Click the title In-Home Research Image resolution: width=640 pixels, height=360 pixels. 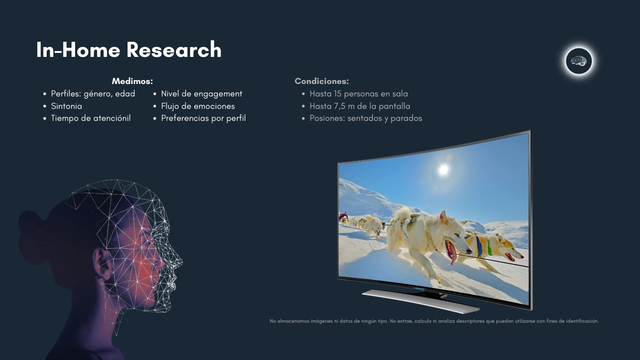[x=129, y=50]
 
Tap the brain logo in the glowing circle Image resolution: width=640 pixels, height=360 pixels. [x=579, y=61]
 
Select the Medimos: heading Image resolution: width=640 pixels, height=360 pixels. [x=132, y=81]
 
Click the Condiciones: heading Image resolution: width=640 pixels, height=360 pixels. [x=322, y=81]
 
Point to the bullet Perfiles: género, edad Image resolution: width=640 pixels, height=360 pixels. [x=93, y=94]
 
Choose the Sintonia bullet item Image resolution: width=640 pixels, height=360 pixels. [x=66, y=106]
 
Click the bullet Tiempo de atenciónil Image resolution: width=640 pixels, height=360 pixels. [x=91, y=118]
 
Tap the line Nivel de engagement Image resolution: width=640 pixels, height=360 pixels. [x=201, y=94]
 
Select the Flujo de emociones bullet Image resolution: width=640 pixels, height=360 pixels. [x=198, y=106]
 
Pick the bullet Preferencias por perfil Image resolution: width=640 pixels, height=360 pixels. [x=203, y=118]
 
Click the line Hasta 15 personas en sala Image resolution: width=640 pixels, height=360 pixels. [x=359, y=94]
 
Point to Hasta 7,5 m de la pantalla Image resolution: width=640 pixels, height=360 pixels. [x=360, y=106]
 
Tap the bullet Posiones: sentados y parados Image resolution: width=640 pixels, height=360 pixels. [x=366, y=118]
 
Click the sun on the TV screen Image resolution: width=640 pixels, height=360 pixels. [x=444, y=170]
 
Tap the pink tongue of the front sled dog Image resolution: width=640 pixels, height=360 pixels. [x=452, y=252]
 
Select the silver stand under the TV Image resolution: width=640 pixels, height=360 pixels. [x=420, y=300]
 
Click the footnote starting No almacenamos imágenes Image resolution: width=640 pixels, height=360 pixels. [x=434, y=321]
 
